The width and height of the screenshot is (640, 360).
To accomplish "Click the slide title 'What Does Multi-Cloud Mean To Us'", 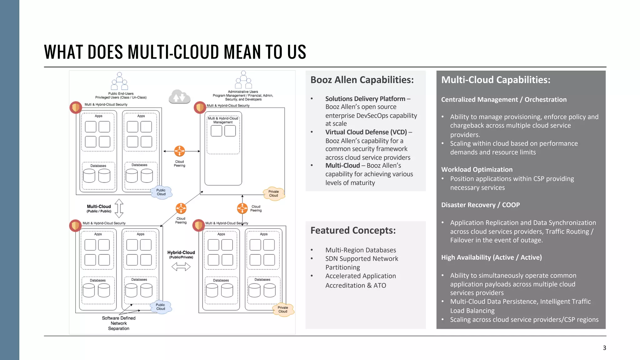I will click(175, 52).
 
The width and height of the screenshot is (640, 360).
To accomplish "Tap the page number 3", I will click(604, 348).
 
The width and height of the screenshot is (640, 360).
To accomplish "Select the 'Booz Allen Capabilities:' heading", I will click(362, 80).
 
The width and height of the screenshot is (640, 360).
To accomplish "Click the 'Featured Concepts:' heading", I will click(353, 231).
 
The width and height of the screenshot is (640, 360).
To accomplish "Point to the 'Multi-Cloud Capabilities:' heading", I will click(496, 80).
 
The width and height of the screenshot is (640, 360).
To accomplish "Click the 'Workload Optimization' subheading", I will click(477, 170).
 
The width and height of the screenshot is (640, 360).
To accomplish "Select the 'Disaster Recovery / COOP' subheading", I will click(480, 205).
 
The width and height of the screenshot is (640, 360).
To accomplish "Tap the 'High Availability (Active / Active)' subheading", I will click(491, 257).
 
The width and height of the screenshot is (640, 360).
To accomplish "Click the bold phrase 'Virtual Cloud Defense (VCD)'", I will click(366, 132).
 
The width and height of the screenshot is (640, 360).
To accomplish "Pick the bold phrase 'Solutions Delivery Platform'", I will click(365, 99).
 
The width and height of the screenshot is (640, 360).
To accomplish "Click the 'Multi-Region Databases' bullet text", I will click(360, 250).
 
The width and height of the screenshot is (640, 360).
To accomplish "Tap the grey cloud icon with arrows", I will click(179, 97).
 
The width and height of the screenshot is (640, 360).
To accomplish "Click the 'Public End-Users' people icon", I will click(120, 81).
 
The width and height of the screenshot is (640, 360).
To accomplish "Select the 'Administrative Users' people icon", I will click(243, 80).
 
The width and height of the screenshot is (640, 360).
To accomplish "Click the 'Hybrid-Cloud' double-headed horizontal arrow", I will click(181, 267).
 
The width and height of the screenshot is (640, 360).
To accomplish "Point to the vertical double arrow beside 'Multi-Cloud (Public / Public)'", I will click(119, 208).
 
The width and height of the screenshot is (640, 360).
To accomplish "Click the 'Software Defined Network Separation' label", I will click(119, 323).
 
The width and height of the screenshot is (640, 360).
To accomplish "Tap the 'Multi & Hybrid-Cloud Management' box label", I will click(223, 120).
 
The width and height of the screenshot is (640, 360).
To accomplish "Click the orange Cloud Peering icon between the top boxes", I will click(179, 151).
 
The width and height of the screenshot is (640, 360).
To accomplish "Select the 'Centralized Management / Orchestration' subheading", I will click(504, 100).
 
